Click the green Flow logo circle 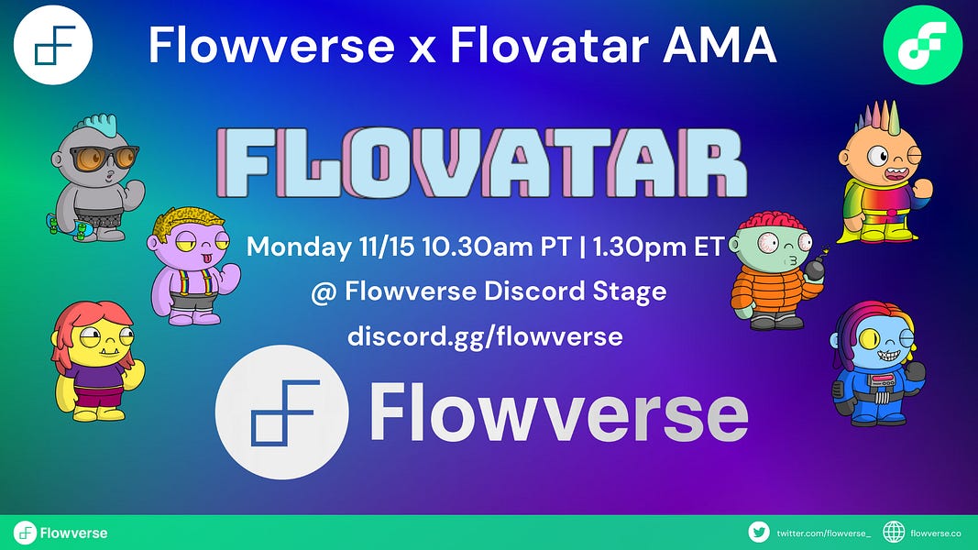click(x=922, y=44)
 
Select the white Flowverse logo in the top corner click(x=53, y=45)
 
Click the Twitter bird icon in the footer click(x=758, y=532)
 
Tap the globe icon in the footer click(x=894, y=532)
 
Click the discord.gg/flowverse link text click(x=485, y=336)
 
